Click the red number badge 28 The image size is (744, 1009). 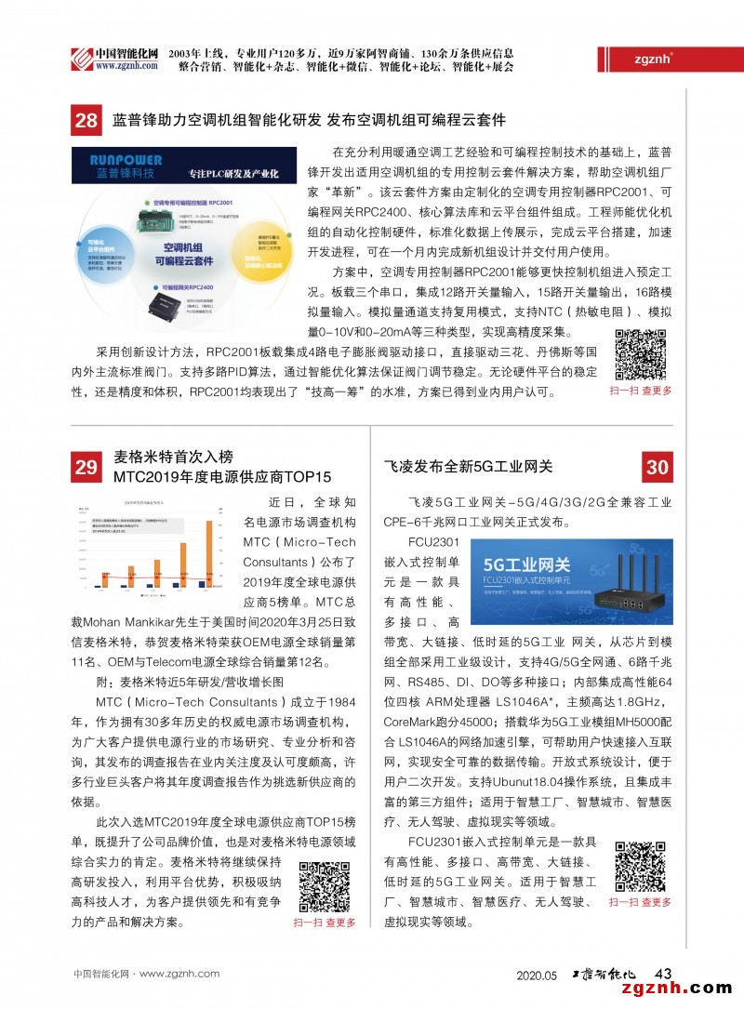point(86,120)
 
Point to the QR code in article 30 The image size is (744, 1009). point(640,868)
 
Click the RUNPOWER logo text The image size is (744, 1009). point(116,160)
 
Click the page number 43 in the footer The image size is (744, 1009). point(663,973)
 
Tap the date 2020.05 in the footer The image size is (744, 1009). point(537,975)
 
